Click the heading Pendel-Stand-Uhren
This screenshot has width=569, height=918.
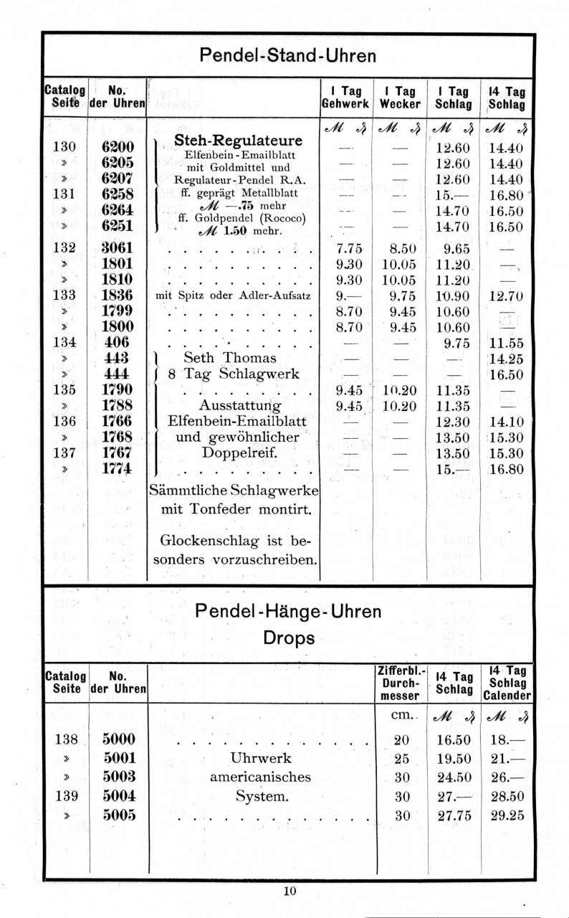coord(287,55)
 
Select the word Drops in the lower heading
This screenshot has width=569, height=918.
coord(289,638)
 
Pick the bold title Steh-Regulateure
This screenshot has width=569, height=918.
coord(239,139)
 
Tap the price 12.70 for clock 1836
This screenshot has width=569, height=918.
coord(506,295)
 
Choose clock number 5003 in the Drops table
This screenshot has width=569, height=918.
coord(119,777)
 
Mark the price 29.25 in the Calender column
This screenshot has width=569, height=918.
coord(507,815)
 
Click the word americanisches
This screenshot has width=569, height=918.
coord(260,777)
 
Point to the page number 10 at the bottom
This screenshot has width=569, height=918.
coord(289,891)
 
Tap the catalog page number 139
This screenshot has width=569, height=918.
coord(65,796)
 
